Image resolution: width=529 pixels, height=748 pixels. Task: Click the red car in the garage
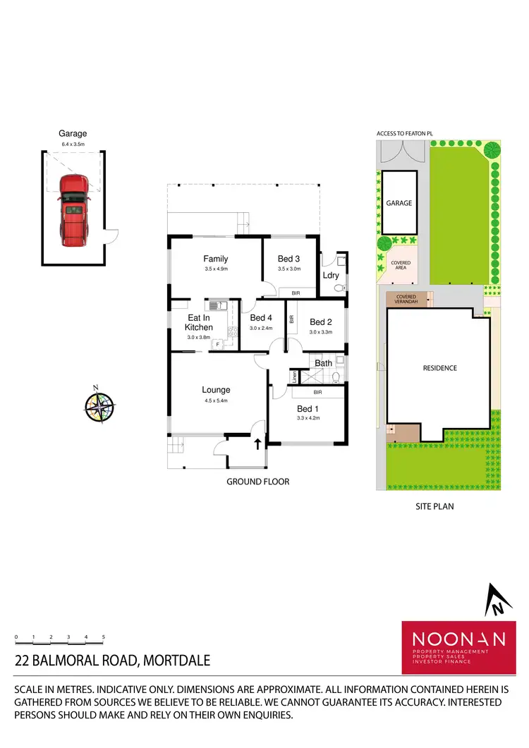click(x=73, y=210)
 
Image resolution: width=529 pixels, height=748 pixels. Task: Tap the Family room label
click(x=216, y=259)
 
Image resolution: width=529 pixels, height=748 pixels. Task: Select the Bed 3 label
click(x=289, y=259)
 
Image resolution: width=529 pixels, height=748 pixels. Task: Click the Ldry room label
click(x=330, y=275)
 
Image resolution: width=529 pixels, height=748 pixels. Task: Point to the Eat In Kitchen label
click(x=199, y=323)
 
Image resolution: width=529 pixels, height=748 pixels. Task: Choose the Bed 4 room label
click(x=261, y=318)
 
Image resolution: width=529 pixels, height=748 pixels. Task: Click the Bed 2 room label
click(x=321, y=322)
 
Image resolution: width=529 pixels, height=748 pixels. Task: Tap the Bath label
click(x=323, y=363)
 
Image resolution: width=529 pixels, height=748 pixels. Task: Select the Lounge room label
click(x=216, y=390)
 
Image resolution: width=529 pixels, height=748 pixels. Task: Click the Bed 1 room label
click(x=308, y=409)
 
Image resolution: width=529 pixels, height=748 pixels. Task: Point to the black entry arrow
click(x=257, y=443)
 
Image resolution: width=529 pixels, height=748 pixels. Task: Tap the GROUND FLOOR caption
click(x=257, y=482)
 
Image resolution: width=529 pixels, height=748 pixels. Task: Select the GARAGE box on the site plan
click(x=399, y=202)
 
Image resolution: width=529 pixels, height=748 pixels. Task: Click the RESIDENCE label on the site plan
click(x=439, y=368)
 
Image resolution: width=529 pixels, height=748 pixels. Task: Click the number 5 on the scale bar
click(x=103, y=637)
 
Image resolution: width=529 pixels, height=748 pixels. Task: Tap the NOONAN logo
click(x=458, y=639)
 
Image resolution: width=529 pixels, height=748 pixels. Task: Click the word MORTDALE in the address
click(x=177, y=661)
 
